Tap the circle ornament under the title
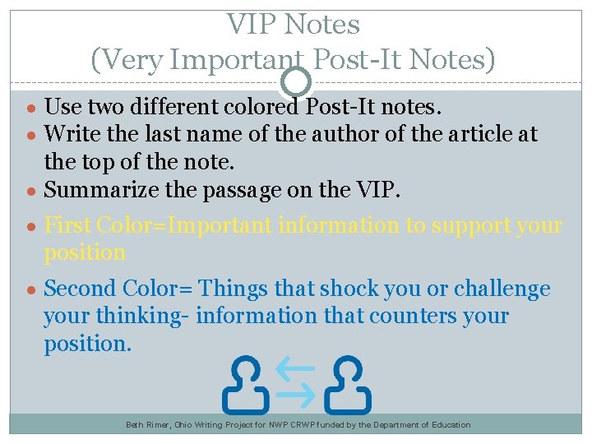[x=296, y=81]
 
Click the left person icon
[x=246, y=384]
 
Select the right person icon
[x=347, y=384]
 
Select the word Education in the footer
[x=446, y=425]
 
